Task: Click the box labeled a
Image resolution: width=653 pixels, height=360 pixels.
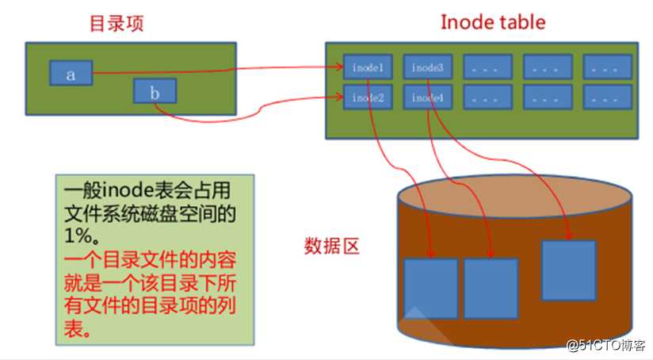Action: [x=71, y=73]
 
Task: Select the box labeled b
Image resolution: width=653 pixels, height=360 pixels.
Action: [x=155, y=91]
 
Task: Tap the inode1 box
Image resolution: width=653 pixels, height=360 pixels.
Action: [x=368, y=67]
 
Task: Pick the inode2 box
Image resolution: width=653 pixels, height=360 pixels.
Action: [x=368, y=97]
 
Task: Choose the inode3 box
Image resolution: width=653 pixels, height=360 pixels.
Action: [x=428, y=67]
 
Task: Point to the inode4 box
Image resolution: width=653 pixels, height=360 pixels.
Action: [x=428, y=97]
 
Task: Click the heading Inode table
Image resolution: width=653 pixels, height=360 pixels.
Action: [x=493, y=22]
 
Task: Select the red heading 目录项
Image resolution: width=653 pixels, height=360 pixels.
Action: [x=116, y=23]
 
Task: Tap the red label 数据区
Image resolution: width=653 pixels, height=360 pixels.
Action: [x=331, y=246]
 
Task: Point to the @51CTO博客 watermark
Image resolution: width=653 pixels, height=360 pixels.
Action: [x=606, y=345]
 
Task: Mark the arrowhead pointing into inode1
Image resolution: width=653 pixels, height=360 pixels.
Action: [x=339, y=67]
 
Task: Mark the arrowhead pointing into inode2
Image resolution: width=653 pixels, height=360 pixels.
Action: [x=339, y=97]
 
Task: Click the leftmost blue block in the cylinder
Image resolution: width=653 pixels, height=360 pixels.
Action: [x=430, y=289]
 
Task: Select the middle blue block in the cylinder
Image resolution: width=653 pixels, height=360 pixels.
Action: [x=491, y=289]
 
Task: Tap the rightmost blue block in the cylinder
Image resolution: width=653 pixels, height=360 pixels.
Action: [x=568, y=270]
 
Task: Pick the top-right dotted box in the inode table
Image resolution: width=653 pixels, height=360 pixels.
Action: [x=608, y=67]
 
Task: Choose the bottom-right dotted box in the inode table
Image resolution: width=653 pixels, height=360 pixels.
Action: [x=608, y=97]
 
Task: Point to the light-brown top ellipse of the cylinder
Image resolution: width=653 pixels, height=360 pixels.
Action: [x=515, y=196]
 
